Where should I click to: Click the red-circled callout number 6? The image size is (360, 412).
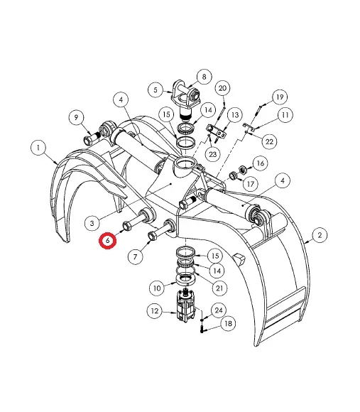coord(108,240)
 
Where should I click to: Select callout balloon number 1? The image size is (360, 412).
coord(38,148)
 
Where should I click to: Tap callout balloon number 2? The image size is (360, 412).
coord(320,234)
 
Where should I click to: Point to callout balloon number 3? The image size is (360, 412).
coord(92,224)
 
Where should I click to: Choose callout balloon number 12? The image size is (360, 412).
coord(155,311)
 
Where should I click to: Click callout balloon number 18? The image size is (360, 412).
coord(228,323)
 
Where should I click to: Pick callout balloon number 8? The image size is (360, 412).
coord(204,77)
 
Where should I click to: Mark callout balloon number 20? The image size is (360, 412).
coord(222,88)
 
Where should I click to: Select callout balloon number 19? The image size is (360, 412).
coord(280,97)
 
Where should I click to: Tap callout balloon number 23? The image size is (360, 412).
coord(212,154)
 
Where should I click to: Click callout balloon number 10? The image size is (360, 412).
coord(157,288)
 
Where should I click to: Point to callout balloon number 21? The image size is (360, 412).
coord(219,288)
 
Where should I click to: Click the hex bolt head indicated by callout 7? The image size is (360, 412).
coord(152,235)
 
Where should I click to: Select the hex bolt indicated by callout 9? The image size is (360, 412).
coord(91,139)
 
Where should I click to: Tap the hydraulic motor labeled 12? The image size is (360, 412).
coord(185,306)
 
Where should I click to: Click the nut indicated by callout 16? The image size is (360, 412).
coord(243,169)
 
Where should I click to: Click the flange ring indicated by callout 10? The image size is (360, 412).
coord(185,279)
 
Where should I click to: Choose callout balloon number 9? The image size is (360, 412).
coord(76,117)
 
